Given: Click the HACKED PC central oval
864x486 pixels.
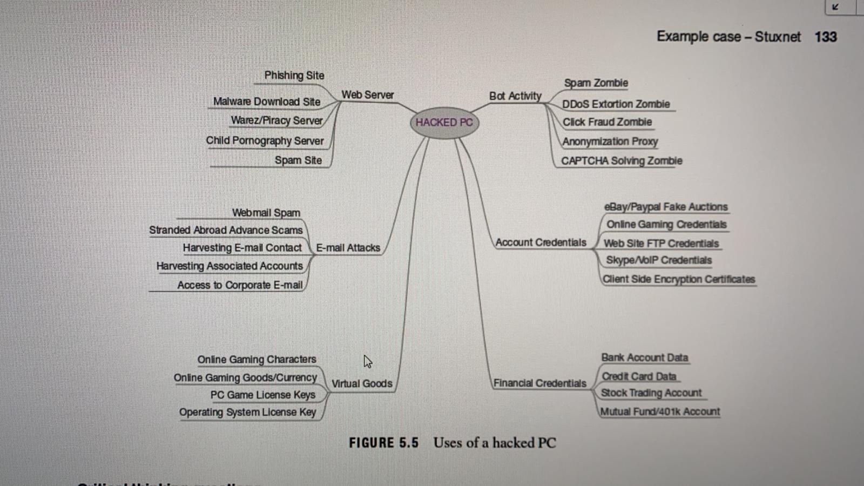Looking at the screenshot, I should coord(444,123).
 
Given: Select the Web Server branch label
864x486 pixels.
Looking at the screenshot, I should coord(367,95).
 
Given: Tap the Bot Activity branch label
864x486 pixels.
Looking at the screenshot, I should coord(515,96).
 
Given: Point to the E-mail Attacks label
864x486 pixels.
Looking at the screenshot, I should coord(348,248).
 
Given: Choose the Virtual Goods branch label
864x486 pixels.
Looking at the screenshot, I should coord(361,383).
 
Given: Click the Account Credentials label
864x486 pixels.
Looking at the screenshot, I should coord(541,242).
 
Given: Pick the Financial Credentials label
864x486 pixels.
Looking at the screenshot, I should coord(539,383).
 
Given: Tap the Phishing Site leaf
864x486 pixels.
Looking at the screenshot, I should coord(294,76).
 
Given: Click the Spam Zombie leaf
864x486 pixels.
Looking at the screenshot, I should coord(596,83).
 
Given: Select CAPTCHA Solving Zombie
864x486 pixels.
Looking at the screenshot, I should coord(621,161).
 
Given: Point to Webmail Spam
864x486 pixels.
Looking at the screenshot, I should coord(266,213).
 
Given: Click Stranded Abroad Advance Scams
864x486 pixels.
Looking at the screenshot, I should coord(226,230).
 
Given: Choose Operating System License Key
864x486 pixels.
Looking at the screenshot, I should coord(247,412).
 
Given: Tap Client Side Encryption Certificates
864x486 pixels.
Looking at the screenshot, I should coord(678,279).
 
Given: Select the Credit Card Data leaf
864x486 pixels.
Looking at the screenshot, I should coord(639,376).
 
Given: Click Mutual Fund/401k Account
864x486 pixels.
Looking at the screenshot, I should coord(660,411).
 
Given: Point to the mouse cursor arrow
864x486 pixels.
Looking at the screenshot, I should coord(368,361).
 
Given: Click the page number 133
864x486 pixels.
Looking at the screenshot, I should coord(825,37).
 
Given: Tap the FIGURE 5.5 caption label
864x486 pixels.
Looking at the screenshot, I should coord(383,443).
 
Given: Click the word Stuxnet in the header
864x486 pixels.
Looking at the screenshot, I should coord(778,37).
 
